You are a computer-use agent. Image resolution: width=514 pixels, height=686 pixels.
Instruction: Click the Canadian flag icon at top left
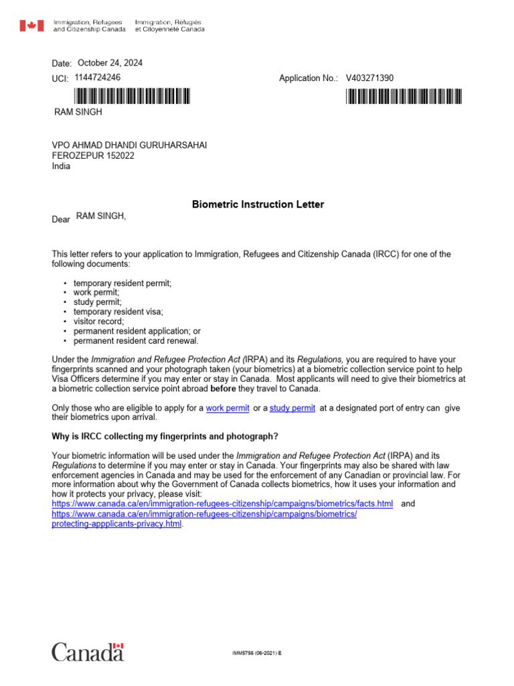(x=31, y=26)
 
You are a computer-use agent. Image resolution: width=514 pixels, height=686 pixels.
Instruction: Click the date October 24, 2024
(x=110, y=63)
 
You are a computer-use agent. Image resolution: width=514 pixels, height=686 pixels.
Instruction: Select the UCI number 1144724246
(x=98, y=78)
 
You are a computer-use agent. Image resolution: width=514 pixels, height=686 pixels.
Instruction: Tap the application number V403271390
(x=369, y=78)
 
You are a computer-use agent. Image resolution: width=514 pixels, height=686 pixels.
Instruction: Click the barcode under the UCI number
(x=127, y=96)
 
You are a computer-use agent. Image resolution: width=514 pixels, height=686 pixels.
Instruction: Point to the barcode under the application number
(x=404, y=96)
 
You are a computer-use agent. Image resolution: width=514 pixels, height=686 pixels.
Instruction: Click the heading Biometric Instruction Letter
(x=258, y=204)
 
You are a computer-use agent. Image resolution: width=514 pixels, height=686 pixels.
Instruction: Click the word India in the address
(x=61, y=167)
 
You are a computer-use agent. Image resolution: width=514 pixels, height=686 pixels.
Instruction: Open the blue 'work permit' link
(x=228, y=408)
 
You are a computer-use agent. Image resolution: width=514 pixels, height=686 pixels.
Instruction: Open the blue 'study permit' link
(x=292, y=408)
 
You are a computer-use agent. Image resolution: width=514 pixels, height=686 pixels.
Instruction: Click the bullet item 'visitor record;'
(x=98, y=322)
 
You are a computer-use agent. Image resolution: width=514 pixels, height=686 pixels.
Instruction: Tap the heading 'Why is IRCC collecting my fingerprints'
(x=165, y=436)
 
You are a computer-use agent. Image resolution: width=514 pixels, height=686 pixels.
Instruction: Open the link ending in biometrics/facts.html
(x=222, y=504)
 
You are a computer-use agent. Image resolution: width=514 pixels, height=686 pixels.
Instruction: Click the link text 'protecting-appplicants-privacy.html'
(x=116, y=524)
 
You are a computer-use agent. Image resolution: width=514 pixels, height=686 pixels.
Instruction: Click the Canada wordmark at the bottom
(x=88, y=651)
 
